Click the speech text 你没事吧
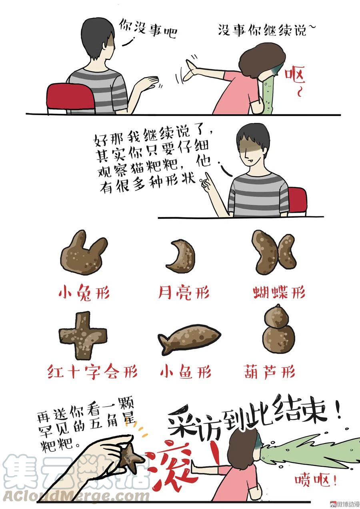tap(148, 29)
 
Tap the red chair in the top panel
tap(70, 98)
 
